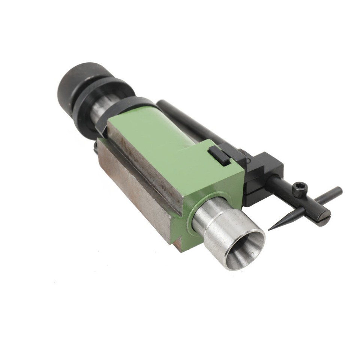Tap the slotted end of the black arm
point(323,217)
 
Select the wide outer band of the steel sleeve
point(225,232)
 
